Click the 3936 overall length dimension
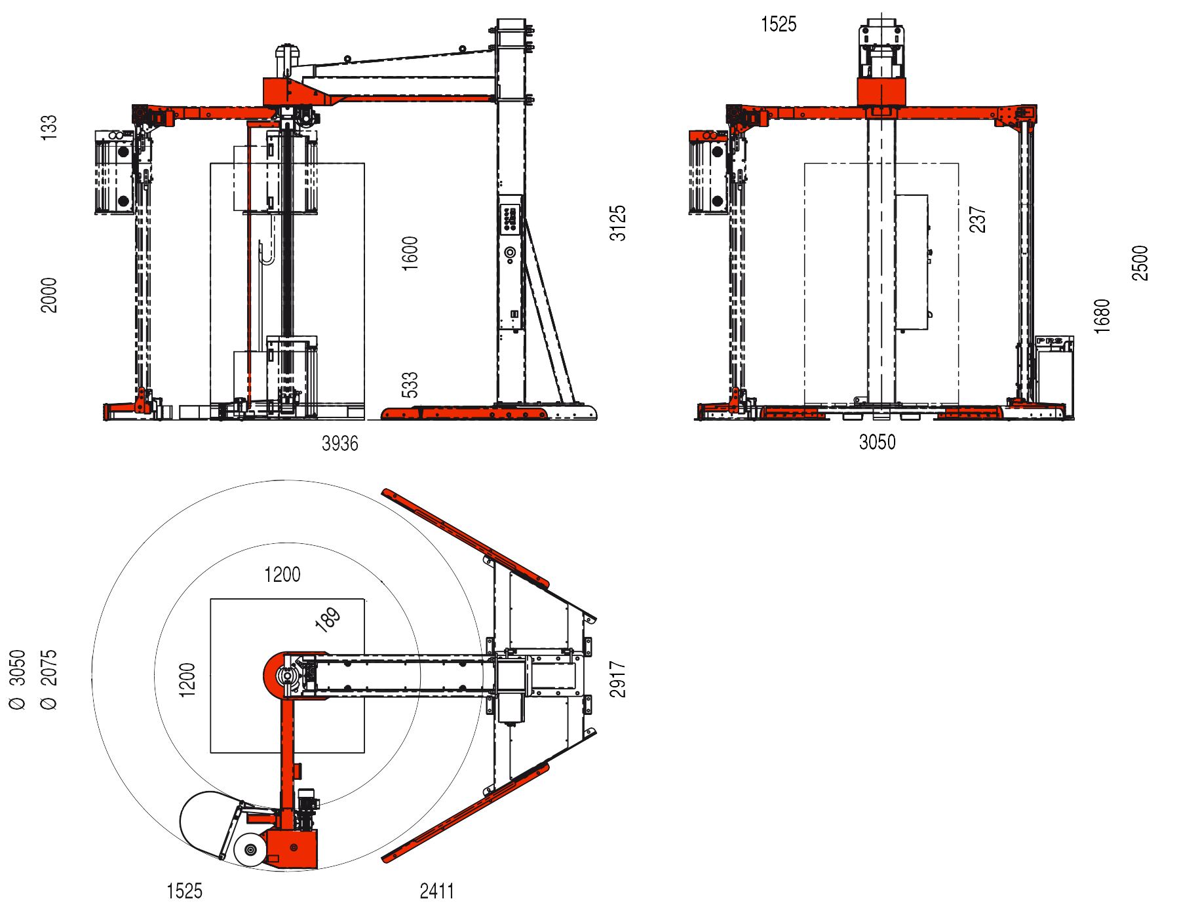[339, 444]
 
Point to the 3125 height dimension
[618, 223]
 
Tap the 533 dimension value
[410, 385]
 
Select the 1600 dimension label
[410, 254]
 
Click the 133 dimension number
[49, 127]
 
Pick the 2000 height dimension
[49, 295]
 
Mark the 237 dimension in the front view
[977, 220]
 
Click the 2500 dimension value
[1140, 263]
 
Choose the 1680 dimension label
[1102, 316]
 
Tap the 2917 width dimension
[618, 679]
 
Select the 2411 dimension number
[436, 891]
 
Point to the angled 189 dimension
[328, 619]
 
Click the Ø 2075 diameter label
[49, 679]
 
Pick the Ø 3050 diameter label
[18, 679]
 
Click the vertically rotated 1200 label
[187, 680]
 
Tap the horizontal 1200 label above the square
[282, 575]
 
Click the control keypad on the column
[509, 218]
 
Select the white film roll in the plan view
[250, 850]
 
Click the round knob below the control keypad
[510, 252]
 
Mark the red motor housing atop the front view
[881, 92]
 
